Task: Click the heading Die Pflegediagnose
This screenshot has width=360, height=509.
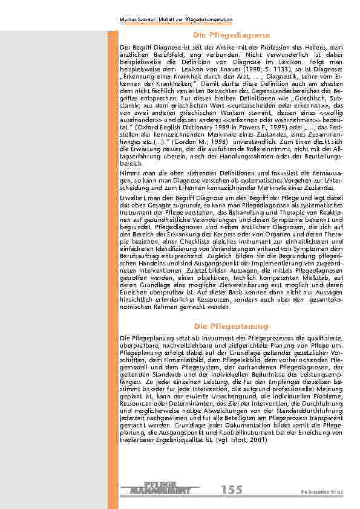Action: click(x=232, y=36)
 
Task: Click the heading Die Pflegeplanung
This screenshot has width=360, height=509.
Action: click(x=232, y=326)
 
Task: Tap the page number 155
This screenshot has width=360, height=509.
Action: click(x=232, y=490)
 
